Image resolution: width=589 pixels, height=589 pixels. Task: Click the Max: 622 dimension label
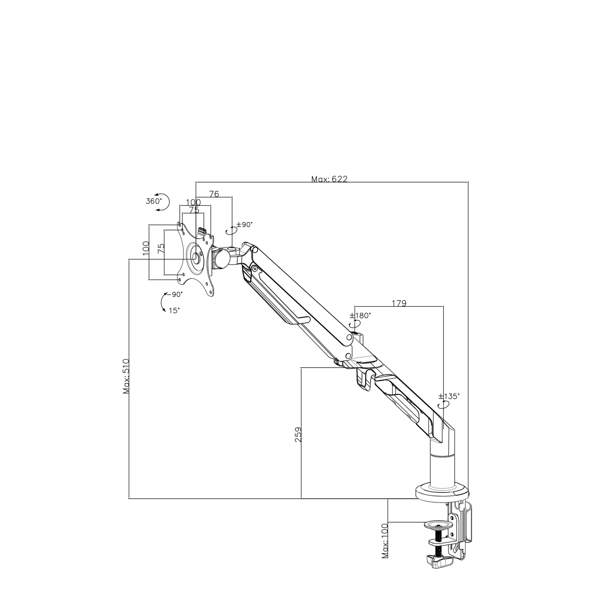click(x=329, y=179)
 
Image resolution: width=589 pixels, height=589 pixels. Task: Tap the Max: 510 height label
click(x=126, y=376)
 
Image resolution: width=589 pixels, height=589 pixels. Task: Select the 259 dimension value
click(x=298, y=435)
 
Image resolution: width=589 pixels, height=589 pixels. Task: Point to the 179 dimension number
click(x=399, y=303)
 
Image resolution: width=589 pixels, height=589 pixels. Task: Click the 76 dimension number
click(x=214, y=194)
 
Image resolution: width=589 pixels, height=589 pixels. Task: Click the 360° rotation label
click(x=154, y=201)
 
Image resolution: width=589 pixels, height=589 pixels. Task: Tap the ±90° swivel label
click(x=244, y=225)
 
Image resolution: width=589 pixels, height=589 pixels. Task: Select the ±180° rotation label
click(x=360, y=315)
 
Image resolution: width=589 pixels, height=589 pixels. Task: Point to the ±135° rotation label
click(x=448, y=396)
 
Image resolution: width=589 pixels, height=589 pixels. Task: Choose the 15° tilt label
click(x=174, y=310)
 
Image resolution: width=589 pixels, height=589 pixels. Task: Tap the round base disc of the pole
click(x=442, y=492)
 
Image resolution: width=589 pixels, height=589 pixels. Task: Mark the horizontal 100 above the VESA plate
click(x=193, y=203)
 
